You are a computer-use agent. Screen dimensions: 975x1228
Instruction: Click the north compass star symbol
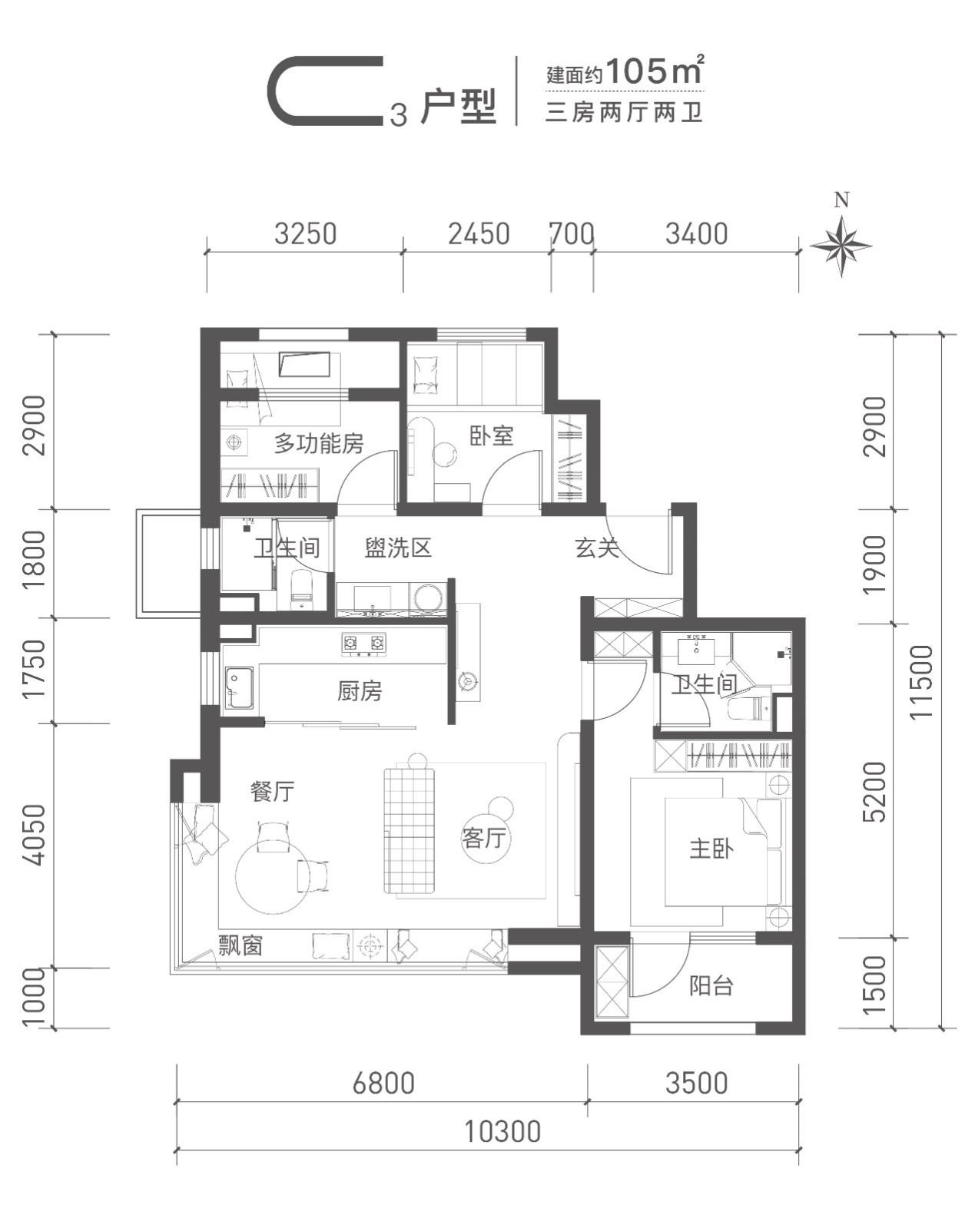841,246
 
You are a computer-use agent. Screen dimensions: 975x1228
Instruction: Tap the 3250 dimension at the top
305,234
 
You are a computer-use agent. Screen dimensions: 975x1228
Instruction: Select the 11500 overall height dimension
921,681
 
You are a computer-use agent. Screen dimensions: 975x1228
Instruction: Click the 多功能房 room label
319,443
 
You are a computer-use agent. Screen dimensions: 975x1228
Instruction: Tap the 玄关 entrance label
596,548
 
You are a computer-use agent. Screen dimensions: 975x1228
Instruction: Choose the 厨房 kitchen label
359,691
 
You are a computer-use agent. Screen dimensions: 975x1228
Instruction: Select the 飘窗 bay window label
241,945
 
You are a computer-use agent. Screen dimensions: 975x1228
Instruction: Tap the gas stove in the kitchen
363,643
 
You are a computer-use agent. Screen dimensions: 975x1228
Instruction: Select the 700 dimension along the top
572,234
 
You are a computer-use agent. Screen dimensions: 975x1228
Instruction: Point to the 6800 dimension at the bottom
383,1083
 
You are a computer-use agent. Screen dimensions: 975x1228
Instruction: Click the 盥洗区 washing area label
398,548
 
